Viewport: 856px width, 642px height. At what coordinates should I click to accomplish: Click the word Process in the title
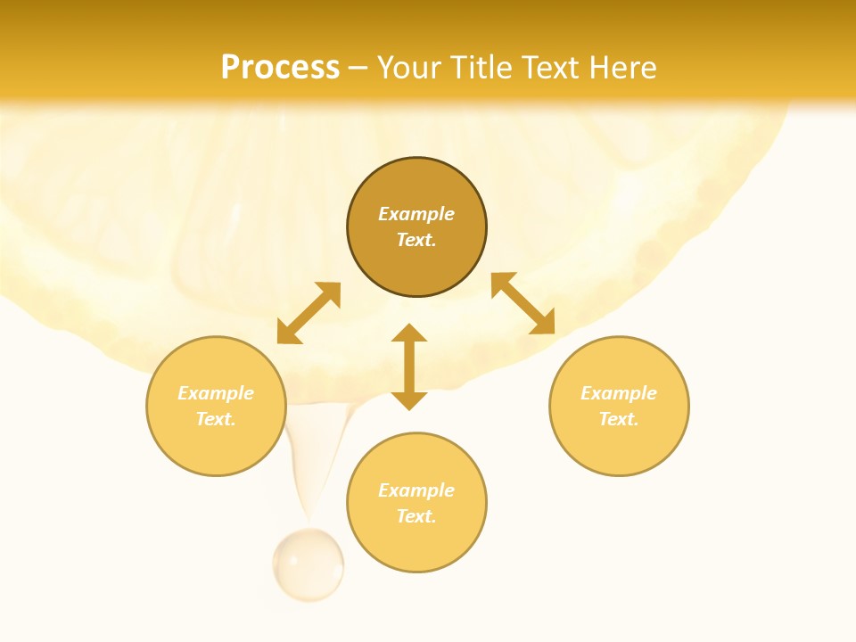[x=280, y=68]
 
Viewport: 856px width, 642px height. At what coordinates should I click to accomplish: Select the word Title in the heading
[x=486, y=68]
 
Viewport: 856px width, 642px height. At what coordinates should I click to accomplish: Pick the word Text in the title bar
[x=551, y=68]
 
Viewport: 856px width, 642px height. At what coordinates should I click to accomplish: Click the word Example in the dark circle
[x=416, y=214]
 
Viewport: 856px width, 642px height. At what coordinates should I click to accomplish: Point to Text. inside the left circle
[x=216, y=419]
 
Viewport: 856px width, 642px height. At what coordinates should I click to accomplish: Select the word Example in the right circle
[x=619, y=393]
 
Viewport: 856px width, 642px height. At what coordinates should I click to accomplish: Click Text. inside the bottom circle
[x=416, y=516]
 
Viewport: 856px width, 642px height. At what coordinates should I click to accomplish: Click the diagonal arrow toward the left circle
[x=309, y=313]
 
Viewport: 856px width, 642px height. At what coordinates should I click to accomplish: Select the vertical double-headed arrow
[x=409, y=366]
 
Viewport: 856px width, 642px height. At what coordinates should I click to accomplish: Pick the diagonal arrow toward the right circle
[x=523, y=303]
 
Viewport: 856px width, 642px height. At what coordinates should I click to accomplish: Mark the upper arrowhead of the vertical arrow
[x=409, y=333]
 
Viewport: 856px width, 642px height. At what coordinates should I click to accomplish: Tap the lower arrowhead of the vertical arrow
[x=409, y=400]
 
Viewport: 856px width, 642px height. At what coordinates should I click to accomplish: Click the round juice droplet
[x=308, y=564]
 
